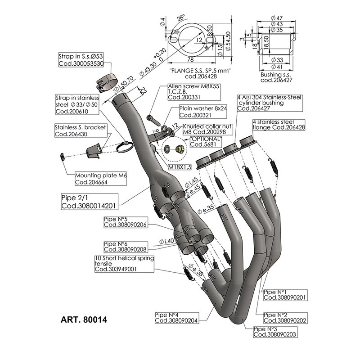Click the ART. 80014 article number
[84, 322]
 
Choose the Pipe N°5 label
[125, 222]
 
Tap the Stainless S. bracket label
[81, 130]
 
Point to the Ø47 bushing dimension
[276, 18]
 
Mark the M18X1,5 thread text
[180, 166]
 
